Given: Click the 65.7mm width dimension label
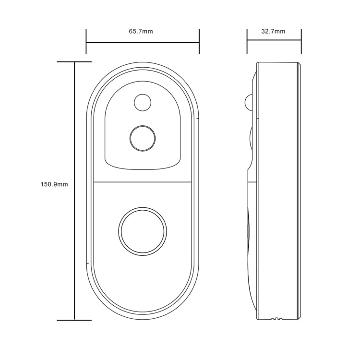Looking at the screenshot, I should click(x=141, y=32).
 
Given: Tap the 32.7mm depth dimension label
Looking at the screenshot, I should click(x=273, y=32).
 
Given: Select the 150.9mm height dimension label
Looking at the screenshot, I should click(x=54, y=184).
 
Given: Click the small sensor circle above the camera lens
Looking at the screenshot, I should click(x=142, y=102).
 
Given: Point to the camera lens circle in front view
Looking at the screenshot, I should click(x=143, y=138).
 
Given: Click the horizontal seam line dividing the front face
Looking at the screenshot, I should click(x=143, y=182).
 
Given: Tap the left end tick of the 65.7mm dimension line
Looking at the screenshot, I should click(x=86, y=42).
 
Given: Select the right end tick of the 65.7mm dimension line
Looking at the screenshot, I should click(x=199, y=42).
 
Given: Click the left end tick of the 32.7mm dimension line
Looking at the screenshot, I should click(x=247, y=42).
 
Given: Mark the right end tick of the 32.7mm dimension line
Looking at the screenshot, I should click(x=302, y=42).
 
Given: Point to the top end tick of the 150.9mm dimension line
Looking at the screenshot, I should click(x=74, y=62).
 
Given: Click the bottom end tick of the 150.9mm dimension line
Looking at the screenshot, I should click(x=74, y=320).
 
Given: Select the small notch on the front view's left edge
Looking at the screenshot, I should click(x=87, y=263).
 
